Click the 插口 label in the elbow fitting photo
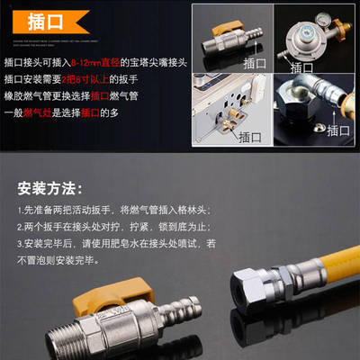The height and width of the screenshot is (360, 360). (340, 130)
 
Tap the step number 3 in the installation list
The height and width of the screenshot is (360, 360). (19, 243)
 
